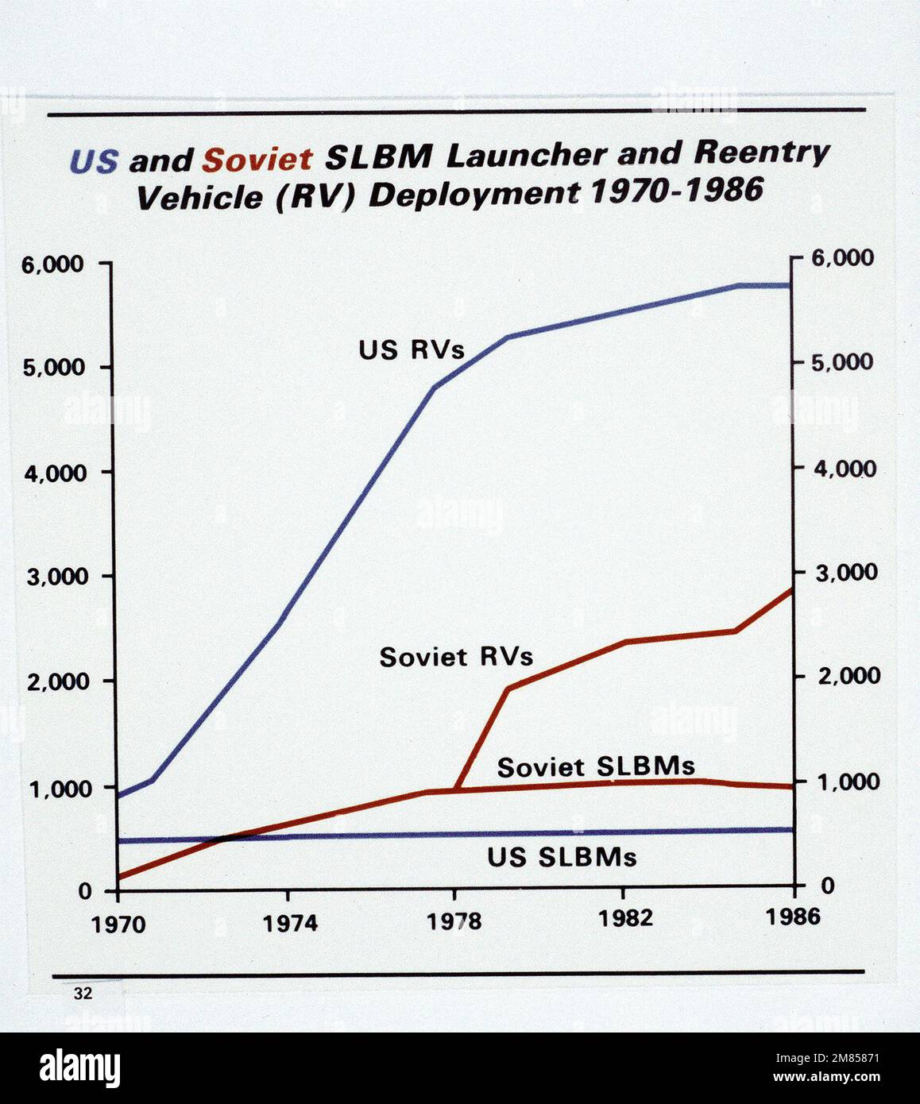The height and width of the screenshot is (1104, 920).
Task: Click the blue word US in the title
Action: [94, 162]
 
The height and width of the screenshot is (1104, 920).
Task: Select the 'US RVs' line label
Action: [411, 350]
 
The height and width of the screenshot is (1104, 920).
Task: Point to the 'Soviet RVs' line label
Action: [456, 658]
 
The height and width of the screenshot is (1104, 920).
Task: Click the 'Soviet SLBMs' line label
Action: [596, 766]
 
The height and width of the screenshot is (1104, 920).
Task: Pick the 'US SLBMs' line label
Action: [562, 858]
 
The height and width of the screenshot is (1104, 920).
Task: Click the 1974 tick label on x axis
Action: [290, 923]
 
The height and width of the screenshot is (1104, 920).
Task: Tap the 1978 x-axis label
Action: [454, 921]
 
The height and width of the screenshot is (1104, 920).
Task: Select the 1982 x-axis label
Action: [625, 918]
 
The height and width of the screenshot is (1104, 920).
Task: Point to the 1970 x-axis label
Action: [118, 925]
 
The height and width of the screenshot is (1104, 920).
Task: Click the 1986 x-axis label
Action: [793, 917]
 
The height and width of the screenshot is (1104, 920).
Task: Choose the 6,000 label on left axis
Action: [52, 265]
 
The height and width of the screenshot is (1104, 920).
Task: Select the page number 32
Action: [82, 994]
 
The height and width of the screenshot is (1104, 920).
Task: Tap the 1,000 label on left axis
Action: [52, 789]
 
